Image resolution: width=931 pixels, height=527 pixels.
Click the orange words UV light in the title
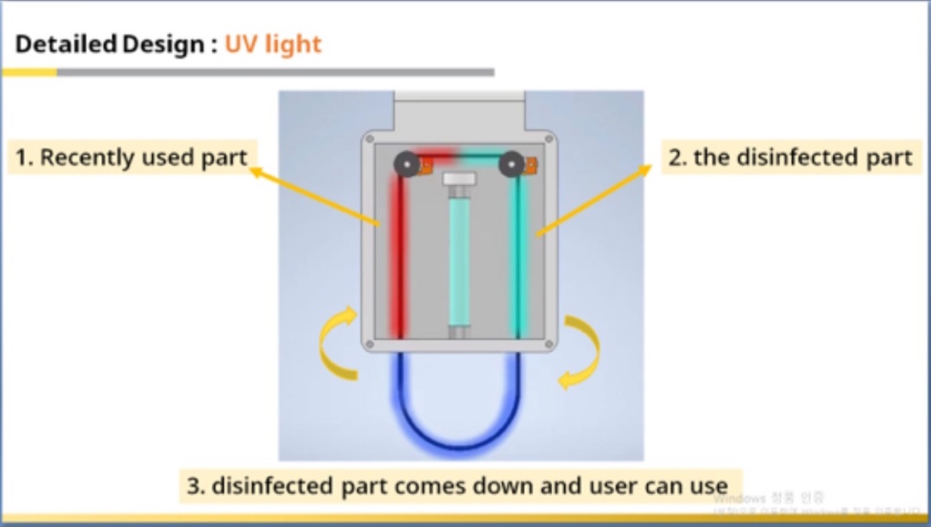[273, 44]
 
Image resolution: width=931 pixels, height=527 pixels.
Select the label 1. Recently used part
[132, 157]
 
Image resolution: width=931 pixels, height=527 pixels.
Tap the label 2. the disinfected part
[790, 157]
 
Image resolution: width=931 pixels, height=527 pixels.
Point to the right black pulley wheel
[512, 163]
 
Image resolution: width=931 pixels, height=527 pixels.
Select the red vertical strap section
[398, 259]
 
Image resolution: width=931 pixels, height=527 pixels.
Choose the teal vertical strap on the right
[521, 259]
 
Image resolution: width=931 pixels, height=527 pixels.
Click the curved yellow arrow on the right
[581, 351]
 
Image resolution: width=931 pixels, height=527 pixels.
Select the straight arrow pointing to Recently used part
[315, 198]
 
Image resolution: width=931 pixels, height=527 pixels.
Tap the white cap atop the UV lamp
[459, 179]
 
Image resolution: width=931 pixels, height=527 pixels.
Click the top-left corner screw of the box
[369, 137]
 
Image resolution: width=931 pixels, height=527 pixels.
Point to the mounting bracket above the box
[459, 111]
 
